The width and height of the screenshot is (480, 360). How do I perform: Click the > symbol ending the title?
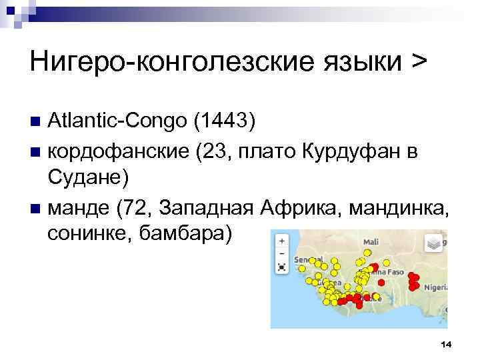417,61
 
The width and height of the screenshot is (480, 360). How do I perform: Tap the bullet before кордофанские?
36,152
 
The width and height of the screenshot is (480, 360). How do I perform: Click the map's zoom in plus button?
282,241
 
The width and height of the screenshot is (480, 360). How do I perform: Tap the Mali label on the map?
371,242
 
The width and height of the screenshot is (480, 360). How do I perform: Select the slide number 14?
446,343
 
